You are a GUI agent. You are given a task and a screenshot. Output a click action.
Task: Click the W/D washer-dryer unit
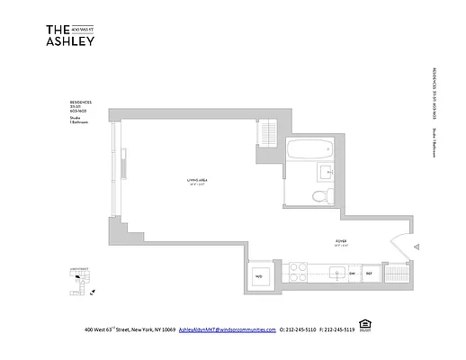pyautogui.click(x=258, y=275)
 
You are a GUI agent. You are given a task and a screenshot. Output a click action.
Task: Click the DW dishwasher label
pyautogui.click(x=352, y=274)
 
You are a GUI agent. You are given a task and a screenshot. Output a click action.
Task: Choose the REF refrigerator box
pyautogui.click(x=369, y=274)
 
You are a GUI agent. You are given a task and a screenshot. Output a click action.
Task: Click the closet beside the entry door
pyautogui.click(x=398, y=274)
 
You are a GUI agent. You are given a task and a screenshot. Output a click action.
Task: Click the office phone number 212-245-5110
pyautogui.click(x=301, y=330)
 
